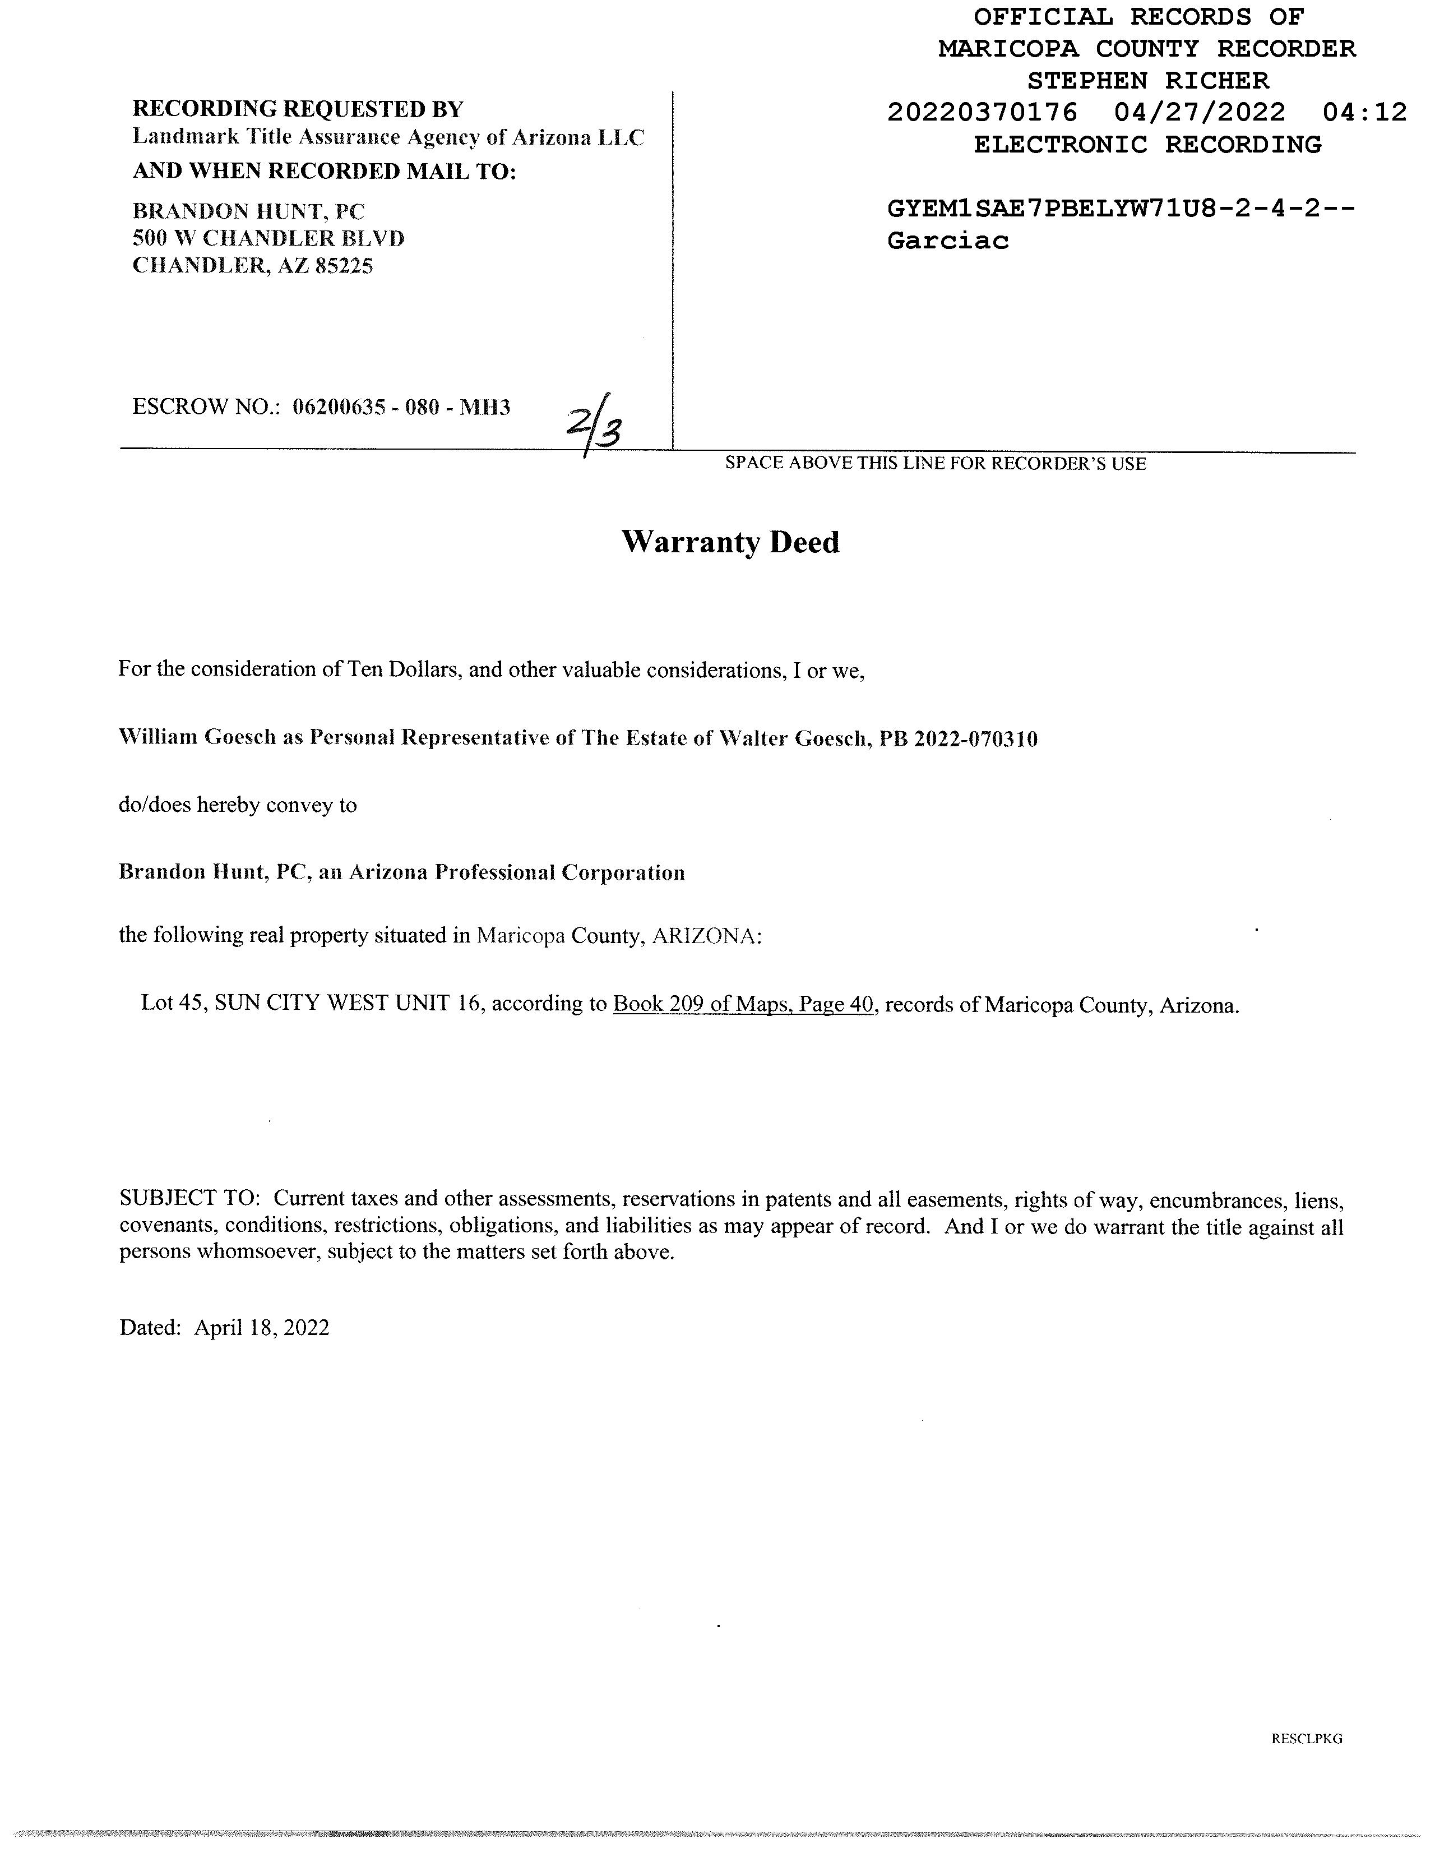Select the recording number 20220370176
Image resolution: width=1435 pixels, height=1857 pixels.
(x=982, y=112)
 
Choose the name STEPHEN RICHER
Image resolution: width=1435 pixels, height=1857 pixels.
(x=1147, y=81)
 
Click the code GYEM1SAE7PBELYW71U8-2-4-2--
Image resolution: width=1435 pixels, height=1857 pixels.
(x=1121, y=209)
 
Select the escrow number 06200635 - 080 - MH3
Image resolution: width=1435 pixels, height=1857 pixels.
(x=401, y=407)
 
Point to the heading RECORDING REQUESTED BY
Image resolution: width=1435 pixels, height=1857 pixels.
(x=298, y=109)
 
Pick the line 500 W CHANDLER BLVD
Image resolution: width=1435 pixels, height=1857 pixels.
(x=268, y=238)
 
